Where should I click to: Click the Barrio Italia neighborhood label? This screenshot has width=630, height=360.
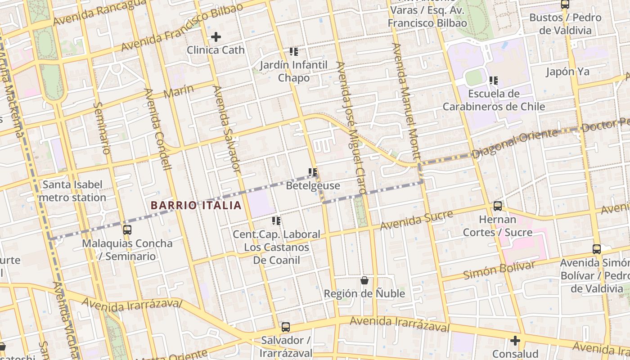196,206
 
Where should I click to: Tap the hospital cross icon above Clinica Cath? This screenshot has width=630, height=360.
216,37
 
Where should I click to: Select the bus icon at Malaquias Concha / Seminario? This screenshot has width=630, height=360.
127,230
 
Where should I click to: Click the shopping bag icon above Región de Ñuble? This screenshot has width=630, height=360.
364,280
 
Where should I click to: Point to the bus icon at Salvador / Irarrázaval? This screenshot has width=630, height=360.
285,327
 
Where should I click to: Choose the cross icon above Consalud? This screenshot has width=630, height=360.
515,341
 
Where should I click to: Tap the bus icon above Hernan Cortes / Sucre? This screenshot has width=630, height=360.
497,206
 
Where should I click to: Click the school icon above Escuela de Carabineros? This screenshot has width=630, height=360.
494,81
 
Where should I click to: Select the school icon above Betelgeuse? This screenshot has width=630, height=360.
313,172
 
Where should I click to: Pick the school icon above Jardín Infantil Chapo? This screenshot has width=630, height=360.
294,52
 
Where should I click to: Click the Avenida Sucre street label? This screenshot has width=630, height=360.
416,220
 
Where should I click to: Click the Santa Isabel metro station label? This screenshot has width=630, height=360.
72,191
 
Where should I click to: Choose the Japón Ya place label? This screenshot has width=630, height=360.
567,72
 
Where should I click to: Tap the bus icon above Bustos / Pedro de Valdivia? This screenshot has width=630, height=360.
565,4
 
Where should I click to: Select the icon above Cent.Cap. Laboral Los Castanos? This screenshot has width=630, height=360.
276,221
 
